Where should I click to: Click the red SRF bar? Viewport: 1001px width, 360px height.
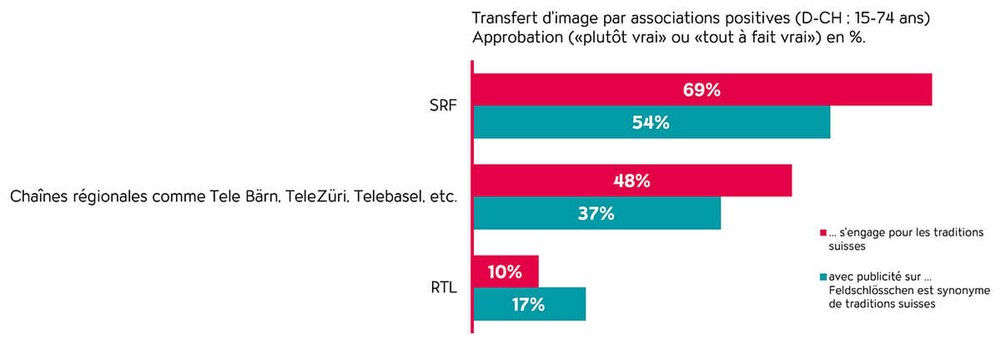(x=807, y=89)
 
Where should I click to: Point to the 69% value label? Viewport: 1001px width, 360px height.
(x=701, y=89)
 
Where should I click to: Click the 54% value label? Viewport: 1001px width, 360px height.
(x=650, y=122)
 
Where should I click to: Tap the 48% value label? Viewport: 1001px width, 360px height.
(x=631, y=180)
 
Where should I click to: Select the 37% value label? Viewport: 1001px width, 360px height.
(x=596, y=213)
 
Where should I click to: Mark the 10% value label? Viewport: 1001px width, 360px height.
(x=504, y=271)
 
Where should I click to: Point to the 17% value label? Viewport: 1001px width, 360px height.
(x=528, y=304)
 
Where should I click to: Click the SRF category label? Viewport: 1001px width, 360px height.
(x=442, y=105)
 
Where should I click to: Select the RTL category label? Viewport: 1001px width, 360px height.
(x=443, y=287)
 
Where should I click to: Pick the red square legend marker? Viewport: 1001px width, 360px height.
(x=823, y=232)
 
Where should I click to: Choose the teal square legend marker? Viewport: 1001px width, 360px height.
(x=823, y=277)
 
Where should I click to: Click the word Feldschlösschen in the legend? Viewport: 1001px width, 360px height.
(x=865, y=291)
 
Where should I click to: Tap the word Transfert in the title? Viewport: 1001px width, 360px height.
(x=504, y=18)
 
